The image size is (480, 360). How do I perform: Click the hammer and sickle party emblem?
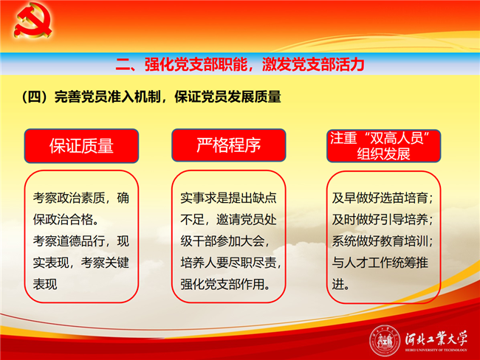tap(32, 20)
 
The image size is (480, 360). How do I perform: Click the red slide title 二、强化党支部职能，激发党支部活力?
tap(240, 64)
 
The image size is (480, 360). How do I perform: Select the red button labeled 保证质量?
tap(81, 145)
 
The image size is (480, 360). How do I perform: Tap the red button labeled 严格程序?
tap(229, 145)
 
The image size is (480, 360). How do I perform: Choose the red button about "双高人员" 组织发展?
tap(383, 146)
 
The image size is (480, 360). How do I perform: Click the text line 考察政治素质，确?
tap(81, 198)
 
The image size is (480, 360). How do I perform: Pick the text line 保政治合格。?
tap(66, 219)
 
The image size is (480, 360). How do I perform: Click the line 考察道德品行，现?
tap(81, 241)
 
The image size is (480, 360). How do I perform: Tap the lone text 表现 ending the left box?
tap(45, 284)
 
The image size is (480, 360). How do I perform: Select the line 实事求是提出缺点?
tap(228, 198)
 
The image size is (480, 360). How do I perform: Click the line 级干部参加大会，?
tap(225, 241)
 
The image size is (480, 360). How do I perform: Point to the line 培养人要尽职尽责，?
tap(231, 263)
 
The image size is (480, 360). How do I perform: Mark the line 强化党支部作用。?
tap(226, 284)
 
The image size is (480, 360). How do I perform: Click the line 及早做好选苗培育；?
tap(383, 198)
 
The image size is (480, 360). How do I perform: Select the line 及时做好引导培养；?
tap(383, 219)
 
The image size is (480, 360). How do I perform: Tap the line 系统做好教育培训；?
tap(383, 241)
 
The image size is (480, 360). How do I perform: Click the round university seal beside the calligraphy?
tap(385, 340)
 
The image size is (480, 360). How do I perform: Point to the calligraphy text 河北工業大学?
tap(436, 338)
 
